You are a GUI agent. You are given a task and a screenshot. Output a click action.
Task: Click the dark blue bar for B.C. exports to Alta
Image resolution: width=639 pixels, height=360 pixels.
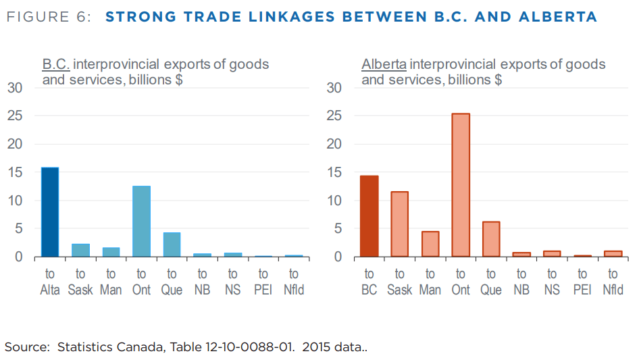50,212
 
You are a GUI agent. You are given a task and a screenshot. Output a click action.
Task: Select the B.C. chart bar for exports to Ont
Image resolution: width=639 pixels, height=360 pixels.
141,222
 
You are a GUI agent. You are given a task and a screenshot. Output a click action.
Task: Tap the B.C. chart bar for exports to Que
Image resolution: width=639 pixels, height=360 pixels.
172,245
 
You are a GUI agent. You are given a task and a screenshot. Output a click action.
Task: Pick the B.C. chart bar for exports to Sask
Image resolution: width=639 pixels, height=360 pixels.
80,250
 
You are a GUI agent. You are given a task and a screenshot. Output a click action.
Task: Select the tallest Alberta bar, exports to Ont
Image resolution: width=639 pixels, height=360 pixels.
461,185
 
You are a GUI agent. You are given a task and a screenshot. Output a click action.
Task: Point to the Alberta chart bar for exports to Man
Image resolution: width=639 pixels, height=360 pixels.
430,244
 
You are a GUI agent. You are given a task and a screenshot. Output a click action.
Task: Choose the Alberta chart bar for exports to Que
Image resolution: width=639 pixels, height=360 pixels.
491,239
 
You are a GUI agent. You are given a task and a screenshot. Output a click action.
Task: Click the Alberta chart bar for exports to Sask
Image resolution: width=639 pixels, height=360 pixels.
400,224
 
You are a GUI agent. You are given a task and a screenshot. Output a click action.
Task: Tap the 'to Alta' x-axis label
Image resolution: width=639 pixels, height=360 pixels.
50,282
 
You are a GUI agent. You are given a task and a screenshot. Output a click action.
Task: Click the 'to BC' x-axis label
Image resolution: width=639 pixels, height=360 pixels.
369,282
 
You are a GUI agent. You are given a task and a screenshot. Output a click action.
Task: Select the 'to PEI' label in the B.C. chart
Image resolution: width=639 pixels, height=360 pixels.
263,282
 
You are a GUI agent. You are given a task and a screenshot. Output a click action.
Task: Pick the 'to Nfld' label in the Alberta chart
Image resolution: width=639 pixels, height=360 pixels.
613,282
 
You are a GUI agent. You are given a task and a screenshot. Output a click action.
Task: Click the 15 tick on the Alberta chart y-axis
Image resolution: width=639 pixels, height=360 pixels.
334,172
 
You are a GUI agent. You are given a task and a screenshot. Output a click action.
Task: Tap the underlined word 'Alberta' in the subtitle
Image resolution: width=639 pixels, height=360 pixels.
384,65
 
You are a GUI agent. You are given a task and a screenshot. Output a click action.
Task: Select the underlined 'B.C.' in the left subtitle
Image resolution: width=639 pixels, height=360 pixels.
56,65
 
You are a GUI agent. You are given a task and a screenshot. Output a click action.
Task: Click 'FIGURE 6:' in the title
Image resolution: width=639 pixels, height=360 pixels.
48,17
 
